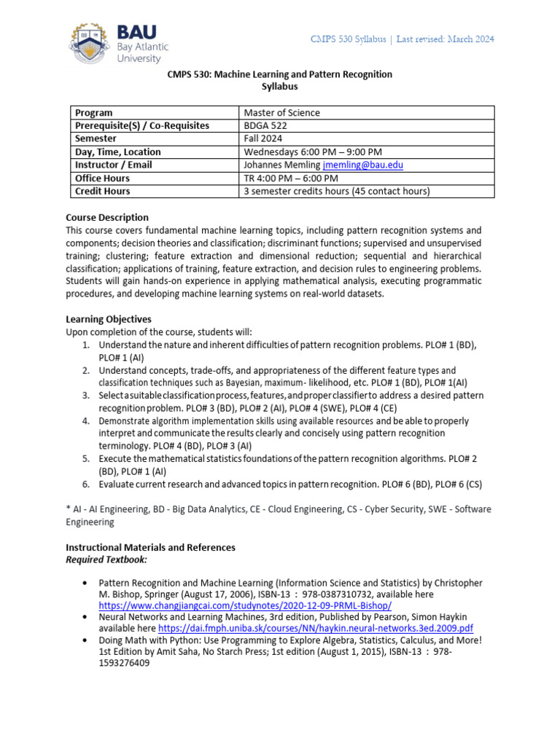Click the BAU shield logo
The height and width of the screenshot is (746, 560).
[x=92, y=42]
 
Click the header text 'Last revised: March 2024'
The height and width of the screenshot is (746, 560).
[x=445, y=39]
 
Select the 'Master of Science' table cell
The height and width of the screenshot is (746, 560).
[x=281, y=113]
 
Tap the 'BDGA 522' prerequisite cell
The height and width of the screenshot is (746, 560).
[x=265, y=126]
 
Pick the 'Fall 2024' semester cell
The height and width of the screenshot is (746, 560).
[x=263, y=139]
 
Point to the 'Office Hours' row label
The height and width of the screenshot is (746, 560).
[x=103, y=178]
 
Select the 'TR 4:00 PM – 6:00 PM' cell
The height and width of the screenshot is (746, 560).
[x=291, y=178]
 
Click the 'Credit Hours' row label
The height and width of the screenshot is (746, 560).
[x=103, y=192]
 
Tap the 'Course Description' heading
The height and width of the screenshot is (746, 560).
[x=107, y=217]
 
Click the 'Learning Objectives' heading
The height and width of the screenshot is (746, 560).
[x=109, y=319]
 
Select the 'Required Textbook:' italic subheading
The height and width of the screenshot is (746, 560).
[x=106, y=559]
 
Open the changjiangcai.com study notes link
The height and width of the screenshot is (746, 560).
[x=245, y=606]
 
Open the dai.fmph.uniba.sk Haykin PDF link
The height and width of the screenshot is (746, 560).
[x=315, y=628]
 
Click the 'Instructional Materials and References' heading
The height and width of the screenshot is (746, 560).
[x=150, y=547]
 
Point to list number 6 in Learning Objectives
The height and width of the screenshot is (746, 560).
[x=85, y=484]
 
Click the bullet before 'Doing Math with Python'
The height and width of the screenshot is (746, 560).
[x=85, y=640]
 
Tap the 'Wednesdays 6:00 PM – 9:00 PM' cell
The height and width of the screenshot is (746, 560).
[x=313, y=152]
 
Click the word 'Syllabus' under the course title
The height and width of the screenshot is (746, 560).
[x=279, y=87]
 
